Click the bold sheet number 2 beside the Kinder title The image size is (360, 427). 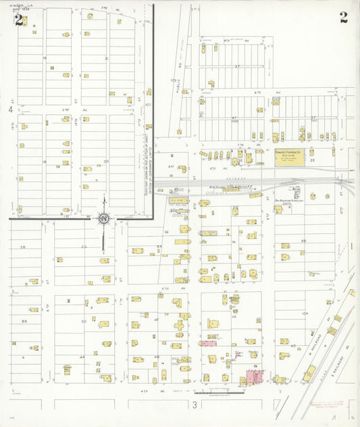click(x=18, y=18)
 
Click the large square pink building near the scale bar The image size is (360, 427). click(x=254, y=377)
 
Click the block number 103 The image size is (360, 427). click(x=174, y=80)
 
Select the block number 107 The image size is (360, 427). click(x=148, y=105)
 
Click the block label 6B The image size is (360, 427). click(x=303, y=241)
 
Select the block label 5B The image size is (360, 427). click(x=22, y=247)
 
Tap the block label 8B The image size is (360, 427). click(x=24, y=321)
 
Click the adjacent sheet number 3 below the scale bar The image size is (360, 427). click(x=194, y=405)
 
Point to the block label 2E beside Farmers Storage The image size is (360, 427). click(x=312, y=160)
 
